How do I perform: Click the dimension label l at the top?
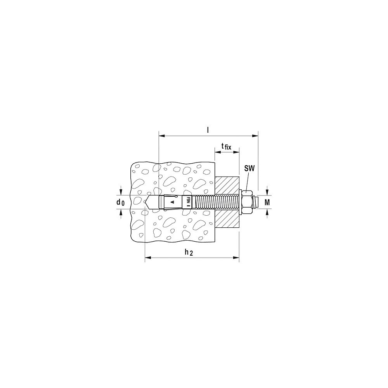tap(208, 130)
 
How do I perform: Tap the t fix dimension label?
tap(226, 146)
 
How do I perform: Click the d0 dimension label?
tap(121, 202)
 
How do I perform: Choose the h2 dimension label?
tap(189, 252)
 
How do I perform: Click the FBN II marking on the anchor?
tap(188, 202)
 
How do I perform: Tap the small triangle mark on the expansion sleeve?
tap(173, 202)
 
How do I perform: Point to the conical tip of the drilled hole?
tap(147, 202)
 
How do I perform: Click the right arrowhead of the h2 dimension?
tap(236, 257)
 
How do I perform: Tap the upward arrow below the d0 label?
tap(121, 213)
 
